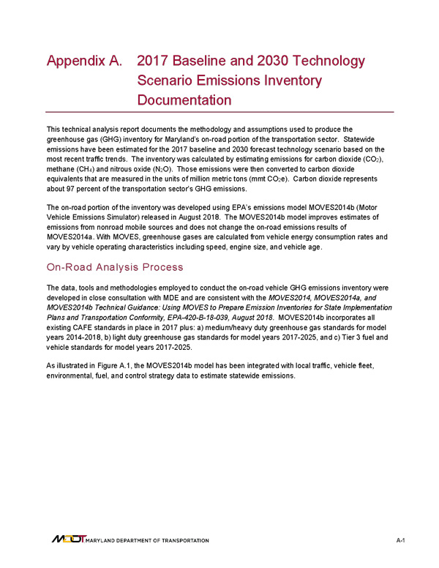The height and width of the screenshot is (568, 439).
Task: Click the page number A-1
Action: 400,540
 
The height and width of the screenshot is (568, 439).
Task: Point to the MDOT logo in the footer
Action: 68,539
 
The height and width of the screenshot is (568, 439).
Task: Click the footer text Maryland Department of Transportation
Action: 147,541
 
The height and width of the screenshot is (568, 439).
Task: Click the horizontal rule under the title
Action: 219,112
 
